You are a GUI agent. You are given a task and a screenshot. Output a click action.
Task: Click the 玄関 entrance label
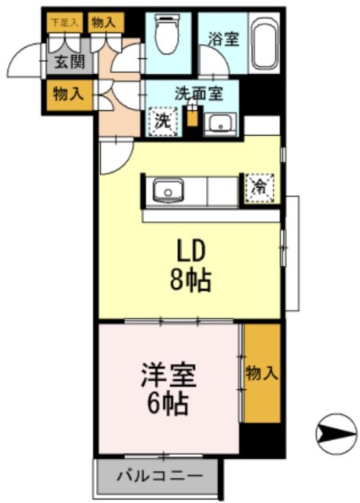[x=64, y=64]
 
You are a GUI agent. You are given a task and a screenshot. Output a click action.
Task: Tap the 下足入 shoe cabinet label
[x=64, y=23]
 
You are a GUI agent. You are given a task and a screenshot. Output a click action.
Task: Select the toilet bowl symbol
[x=166, y=35]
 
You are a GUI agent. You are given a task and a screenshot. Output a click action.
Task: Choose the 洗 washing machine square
[x=163, y=122]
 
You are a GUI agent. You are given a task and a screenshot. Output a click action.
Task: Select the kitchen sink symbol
[x=167, y=190]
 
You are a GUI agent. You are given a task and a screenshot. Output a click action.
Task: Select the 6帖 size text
[x=167, y=405]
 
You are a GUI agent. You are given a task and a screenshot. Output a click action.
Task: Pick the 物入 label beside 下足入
[x=105, y=23]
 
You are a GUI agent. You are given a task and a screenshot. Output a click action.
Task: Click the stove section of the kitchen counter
[x=222, y=190]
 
